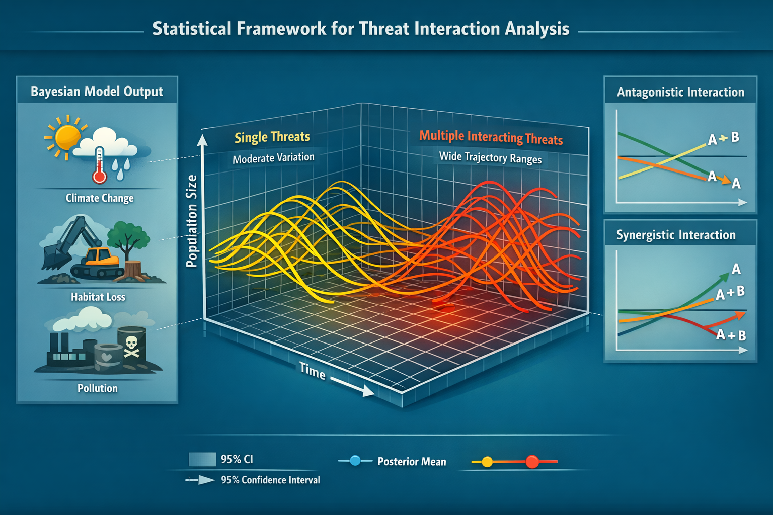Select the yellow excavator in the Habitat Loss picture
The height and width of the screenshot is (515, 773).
(x=101, y=257)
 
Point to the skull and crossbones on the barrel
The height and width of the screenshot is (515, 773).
(x=131, y=346)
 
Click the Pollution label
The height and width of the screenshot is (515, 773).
(x=97, y=388)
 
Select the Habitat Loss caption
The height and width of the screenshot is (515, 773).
(x=98, y=297)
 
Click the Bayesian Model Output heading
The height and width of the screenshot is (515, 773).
(x=97, y=92)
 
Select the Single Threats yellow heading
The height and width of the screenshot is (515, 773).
(x=272, y=137)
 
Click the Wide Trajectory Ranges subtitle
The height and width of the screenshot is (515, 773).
(x=490, y=157)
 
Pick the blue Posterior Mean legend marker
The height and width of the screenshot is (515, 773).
(x=355, y=461)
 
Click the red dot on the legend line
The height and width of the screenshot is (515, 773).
(x=532, y=461)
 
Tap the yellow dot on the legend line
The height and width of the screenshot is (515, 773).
(x=487, y=462)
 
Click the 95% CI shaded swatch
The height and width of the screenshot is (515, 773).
(x=202, y=459)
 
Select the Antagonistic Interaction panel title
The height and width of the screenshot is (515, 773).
(x=680, y=92)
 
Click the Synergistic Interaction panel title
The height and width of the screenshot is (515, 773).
(x=676, y=235)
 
